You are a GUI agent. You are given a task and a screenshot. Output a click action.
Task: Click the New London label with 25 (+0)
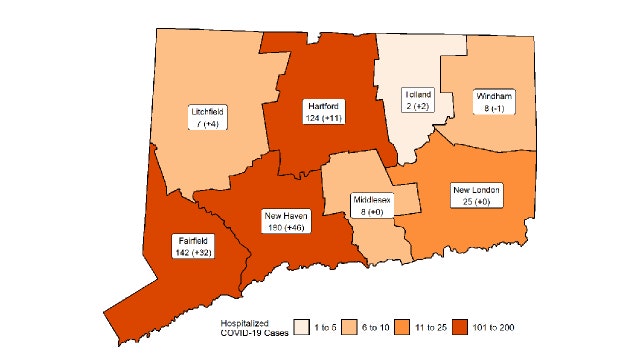pyautogui.click(x=476, y=195)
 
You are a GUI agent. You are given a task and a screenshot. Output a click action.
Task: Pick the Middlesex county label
pyautogui.click(x=371, y=206)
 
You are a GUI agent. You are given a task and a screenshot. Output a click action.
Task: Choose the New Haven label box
pyautogui.click(x=285, y=221)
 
